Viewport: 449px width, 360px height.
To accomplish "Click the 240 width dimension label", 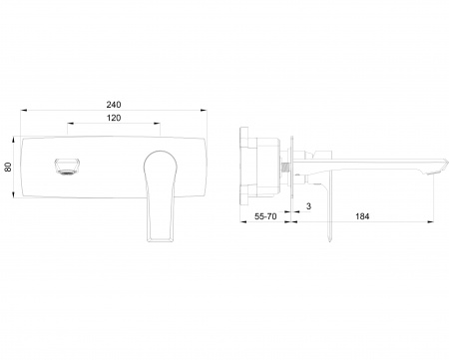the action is (114, 105).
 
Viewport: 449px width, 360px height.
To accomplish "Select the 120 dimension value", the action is (114, 118).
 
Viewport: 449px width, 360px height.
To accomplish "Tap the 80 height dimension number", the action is (8, 167).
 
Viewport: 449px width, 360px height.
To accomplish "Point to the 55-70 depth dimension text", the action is (265, 216).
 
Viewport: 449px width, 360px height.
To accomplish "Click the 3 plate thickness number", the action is (308, 206).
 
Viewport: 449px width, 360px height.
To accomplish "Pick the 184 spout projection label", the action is (362, 216).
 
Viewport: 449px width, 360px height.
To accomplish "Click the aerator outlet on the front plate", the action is (68, 167).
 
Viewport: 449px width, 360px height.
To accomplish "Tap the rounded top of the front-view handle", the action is (160, 154).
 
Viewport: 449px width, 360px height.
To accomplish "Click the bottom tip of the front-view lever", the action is (160, 240).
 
